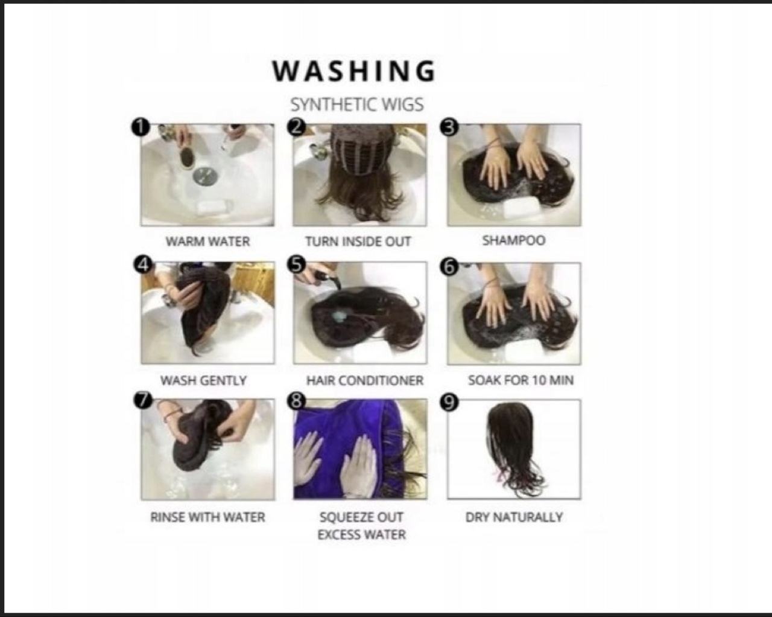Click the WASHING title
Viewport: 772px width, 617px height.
tap(354, 71)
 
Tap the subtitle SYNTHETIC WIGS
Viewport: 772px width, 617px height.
tap(357, 105)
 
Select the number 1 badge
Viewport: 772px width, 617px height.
tap(141, 127)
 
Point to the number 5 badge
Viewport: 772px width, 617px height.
tap(296, 265)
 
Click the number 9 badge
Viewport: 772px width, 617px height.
tap(449, 402)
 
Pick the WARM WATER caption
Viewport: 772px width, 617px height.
tap(207, 241)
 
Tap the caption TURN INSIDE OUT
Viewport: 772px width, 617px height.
tap(358, 241)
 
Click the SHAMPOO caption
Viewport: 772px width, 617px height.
tap(514, 241)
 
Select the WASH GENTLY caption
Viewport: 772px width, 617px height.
tap(203, 380)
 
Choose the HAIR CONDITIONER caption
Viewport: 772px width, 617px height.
tap(365, 380)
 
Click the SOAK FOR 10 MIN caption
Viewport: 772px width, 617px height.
tap(521, 380)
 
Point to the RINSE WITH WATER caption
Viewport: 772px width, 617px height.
tap(207, 517)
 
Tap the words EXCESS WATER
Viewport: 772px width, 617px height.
tap(362, 535)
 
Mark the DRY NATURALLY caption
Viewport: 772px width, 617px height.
tap(514, 517)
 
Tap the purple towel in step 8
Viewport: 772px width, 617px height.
tap(344, 449)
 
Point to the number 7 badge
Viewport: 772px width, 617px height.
tap(143, 400)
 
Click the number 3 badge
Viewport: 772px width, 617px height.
tap(449, 127)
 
